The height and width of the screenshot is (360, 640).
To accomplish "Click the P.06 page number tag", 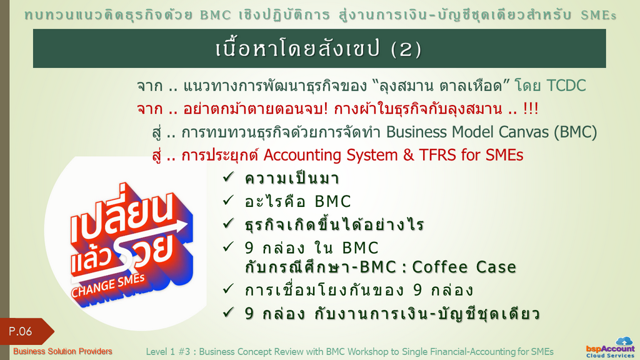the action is pyautogui.click(x=24, y=331).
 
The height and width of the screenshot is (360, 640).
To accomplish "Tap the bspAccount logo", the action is pyautogui.click(x=611, y=348).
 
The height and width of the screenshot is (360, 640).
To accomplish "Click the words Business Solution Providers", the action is pyautogui.click(x=62, y=351).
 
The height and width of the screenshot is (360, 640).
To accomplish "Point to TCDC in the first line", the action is pyautogui.click(x=566, y=86).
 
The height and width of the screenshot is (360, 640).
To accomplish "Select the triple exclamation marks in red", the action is pyautogui.click(x=531, y=109).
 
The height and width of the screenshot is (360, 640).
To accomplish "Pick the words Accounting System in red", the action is pyautogui.click(x=330, y=155).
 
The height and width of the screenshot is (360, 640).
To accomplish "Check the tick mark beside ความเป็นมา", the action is pyautogui.click(x=228, y=177).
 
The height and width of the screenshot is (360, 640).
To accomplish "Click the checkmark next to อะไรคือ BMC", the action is pyautogui.click(x=228, y=200).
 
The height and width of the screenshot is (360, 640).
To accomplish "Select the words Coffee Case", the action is pyautogui.click(x=464, y=267).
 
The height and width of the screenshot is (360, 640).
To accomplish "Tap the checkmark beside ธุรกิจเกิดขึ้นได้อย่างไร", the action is pyautogui.click(x=228, y=223).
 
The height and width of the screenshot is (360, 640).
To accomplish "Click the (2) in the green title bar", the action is pyautogui.click(x=406, y=49).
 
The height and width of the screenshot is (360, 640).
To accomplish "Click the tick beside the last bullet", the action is pyautogui.click(x=228, y=312).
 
